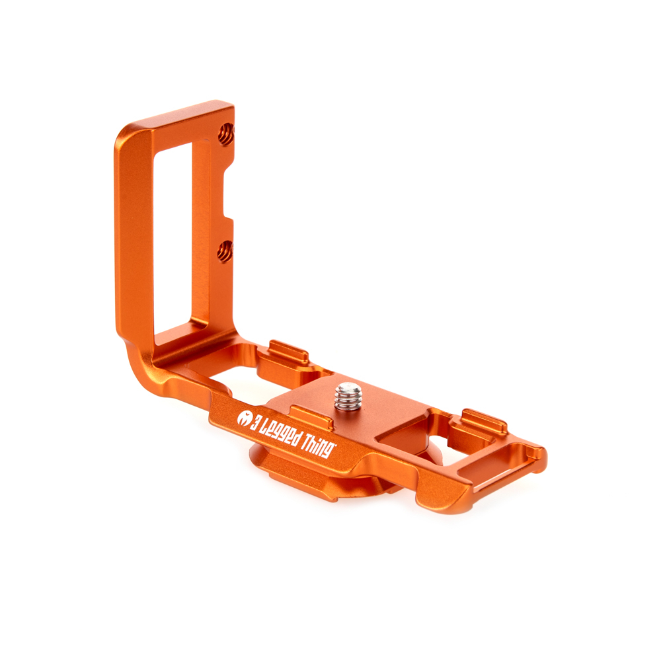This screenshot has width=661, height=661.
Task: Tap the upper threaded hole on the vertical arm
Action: coord(226,134)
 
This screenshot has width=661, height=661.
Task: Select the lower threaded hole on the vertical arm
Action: coord(225,252)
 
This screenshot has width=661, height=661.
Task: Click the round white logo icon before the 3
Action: coord(244,418)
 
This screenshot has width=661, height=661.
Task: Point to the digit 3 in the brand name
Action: coord(256,423)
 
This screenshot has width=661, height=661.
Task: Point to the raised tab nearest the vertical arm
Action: coord(289,352)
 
